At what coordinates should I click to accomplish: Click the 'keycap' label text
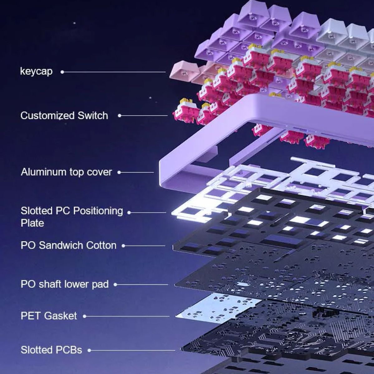36,71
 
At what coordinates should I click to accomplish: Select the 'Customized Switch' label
64,116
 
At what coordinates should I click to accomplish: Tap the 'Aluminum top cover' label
66,172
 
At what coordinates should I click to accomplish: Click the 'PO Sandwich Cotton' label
69,246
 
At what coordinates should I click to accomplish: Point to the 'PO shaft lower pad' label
65,284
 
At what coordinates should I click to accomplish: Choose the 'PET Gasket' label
49,316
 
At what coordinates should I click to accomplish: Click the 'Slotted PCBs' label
51,350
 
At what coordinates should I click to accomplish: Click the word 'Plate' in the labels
32,223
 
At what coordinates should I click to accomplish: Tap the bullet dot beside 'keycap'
62,72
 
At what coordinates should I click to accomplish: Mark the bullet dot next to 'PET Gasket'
84,316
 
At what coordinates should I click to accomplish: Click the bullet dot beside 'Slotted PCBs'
89,350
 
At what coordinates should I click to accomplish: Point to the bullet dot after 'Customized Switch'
120,116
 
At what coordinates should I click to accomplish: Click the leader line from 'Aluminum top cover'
137,172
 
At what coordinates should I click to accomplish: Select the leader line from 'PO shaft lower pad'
142,285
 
